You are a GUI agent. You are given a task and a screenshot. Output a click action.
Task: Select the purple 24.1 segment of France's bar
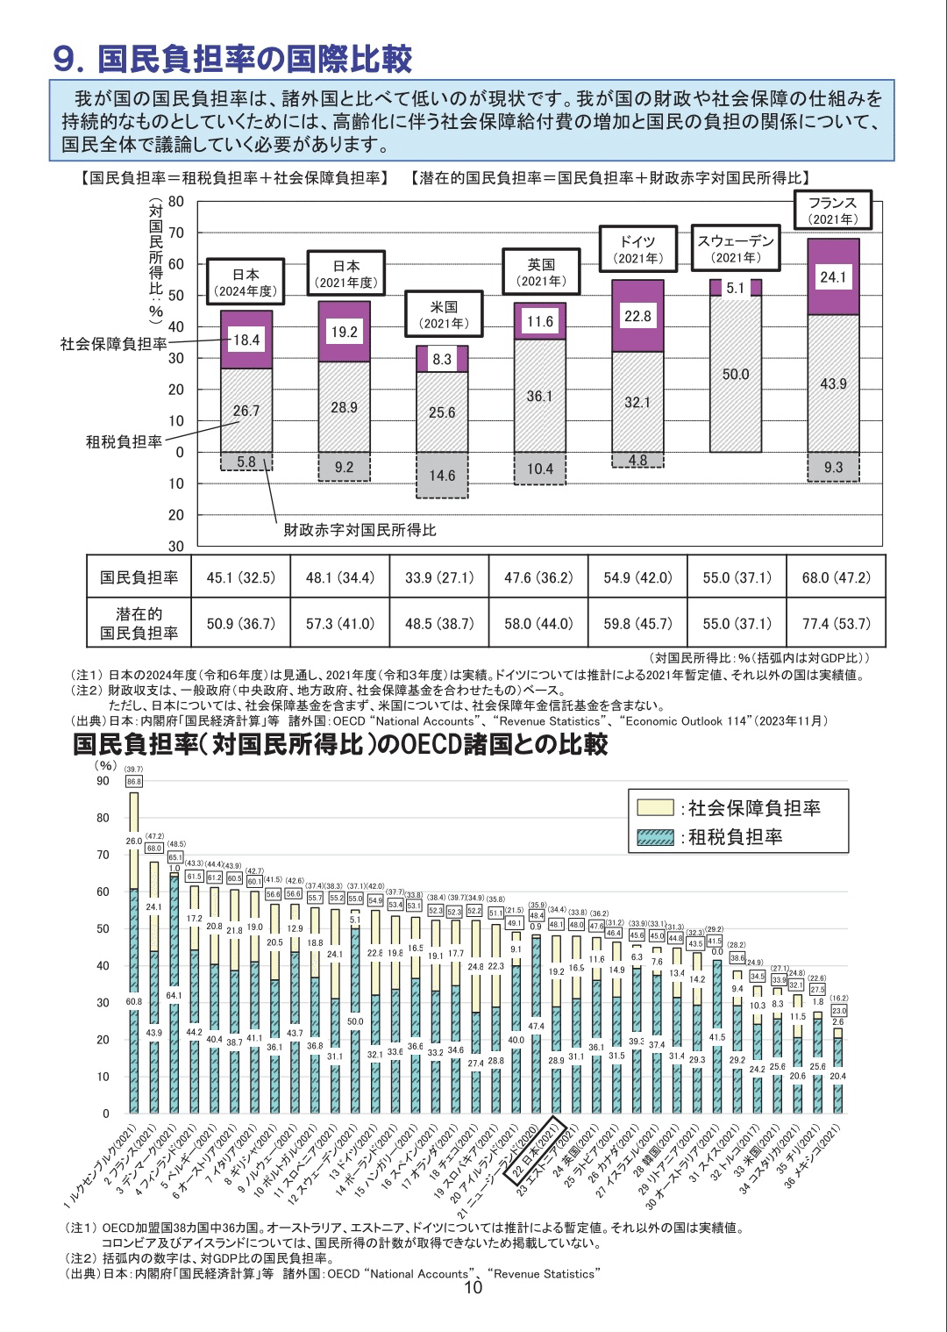[832, 277]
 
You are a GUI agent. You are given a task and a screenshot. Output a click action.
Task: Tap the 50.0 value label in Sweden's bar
[736, 375]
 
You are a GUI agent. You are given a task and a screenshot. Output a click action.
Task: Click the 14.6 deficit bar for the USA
[441, 476]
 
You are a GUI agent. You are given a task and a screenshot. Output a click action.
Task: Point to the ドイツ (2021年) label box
[637, 249]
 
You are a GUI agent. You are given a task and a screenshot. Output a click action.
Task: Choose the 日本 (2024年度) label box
[246, 283]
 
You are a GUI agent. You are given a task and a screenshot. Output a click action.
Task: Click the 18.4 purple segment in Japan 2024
[246, 340]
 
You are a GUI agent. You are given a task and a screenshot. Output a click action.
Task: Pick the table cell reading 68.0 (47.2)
[837, 577]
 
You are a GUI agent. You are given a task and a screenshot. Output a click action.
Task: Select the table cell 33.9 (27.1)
[439, 577]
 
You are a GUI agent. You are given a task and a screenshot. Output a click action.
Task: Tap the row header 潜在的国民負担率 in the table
[139, 623]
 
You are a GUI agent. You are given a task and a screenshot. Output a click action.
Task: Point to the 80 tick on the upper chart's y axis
[176, 202]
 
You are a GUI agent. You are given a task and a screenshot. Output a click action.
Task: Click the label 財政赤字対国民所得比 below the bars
[360, 530]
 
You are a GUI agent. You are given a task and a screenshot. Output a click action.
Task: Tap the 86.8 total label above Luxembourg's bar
[133, 781]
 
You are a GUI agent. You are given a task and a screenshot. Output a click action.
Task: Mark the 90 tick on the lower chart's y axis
[103, 781]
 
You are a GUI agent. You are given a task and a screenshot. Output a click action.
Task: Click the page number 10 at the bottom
[473, 1288]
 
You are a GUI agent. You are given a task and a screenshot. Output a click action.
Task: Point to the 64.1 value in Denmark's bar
[174, 996]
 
